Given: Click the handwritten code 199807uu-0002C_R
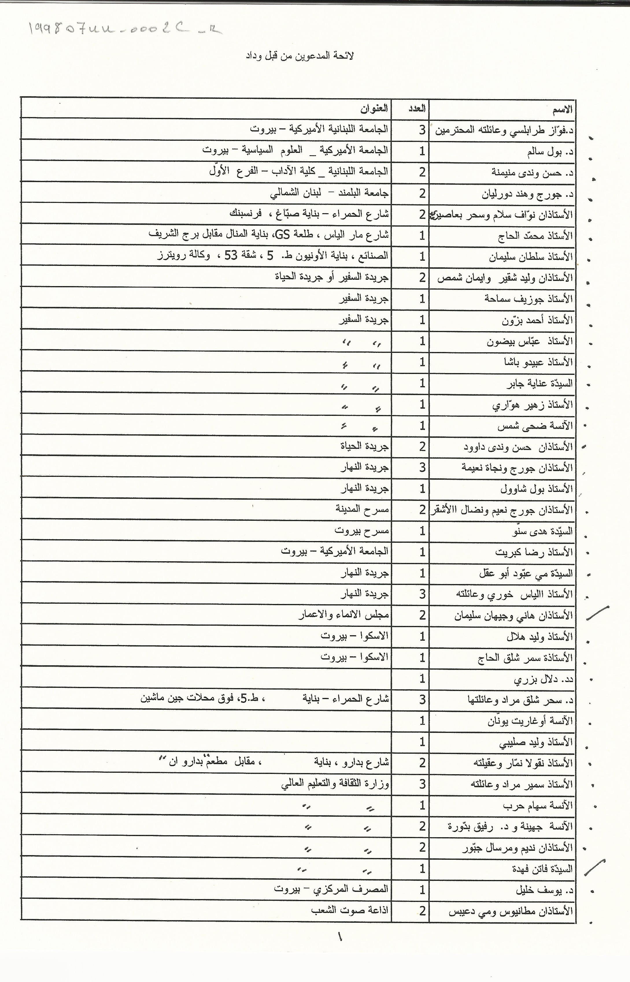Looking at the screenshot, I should [125, 29].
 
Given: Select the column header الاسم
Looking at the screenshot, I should [563, 109].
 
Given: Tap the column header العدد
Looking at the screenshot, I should [417, 109].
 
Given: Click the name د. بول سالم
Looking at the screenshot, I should [550, 152].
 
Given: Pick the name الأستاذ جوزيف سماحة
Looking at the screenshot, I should [529, 299].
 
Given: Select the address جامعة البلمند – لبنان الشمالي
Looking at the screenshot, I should [329, 193].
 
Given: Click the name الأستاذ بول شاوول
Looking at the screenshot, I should [536, 489].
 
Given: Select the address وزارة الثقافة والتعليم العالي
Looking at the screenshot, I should [335, 784].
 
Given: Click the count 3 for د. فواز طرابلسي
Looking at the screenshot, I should [422, 130].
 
